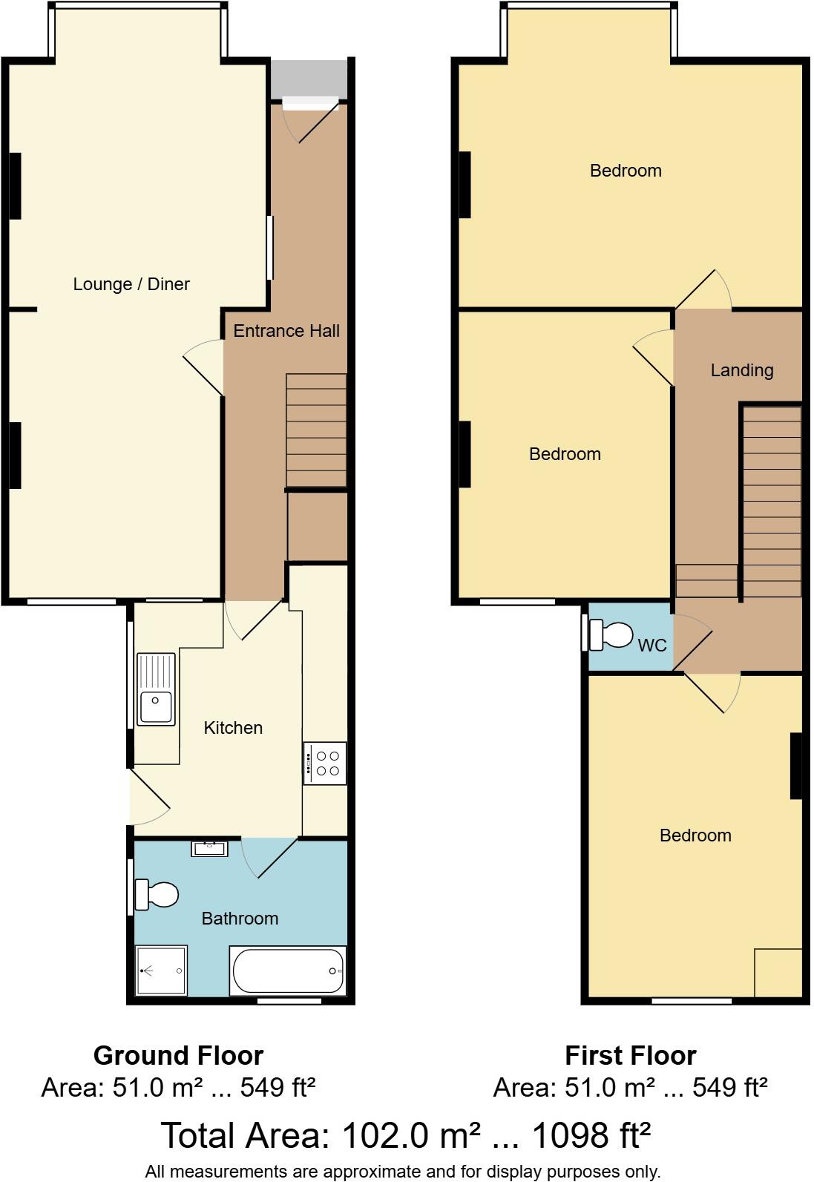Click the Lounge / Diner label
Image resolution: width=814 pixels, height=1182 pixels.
pos(131,284)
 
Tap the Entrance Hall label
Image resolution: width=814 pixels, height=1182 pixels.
pos(286,331)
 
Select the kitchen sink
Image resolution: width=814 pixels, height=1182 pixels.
pos(156,688)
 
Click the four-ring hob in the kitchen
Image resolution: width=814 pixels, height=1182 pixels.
pos(325,764)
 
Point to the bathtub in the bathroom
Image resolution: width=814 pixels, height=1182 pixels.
pos(288,971)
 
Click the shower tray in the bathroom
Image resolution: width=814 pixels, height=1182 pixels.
pos(161,971)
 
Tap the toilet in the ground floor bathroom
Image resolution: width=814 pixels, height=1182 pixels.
pos(157,894)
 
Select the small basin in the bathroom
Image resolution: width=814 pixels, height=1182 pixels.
pos(209,847)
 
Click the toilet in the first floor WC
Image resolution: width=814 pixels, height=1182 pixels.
pos(611,635)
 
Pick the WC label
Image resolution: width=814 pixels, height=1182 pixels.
pos(652,646)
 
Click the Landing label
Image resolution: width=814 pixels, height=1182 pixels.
pos(742,370)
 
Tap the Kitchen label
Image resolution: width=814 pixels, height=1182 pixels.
pos(233,728)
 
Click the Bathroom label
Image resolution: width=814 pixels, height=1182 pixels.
pos(240,919)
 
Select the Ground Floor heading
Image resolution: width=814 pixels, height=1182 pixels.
pos(178,1055)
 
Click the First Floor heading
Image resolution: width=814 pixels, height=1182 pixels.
pos(630,1055)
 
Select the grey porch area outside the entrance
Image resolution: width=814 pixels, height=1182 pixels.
pos(308,78)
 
